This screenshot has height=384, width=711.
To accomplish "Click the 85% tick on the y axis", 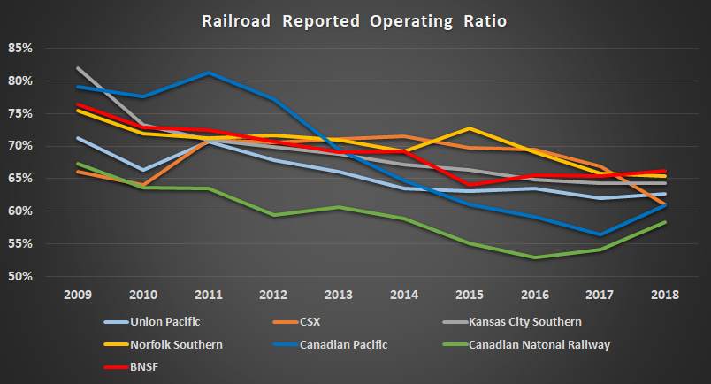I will pyautogui.click(x=20, y=48).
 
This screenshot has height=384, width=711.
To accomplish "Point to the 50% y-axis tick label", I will pyautogui.click(x=20, y=277).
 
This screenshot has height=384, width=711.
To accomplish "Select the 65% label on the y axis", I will pyautogui.click(x=20, y=179).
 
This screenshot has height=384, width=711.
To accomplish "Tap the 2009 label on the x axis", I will pyautogui.click(x=78, y=293).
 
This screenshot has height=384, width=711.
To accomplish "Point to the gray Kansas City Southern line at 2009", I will pyautogui.click(x=78, y=68).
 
